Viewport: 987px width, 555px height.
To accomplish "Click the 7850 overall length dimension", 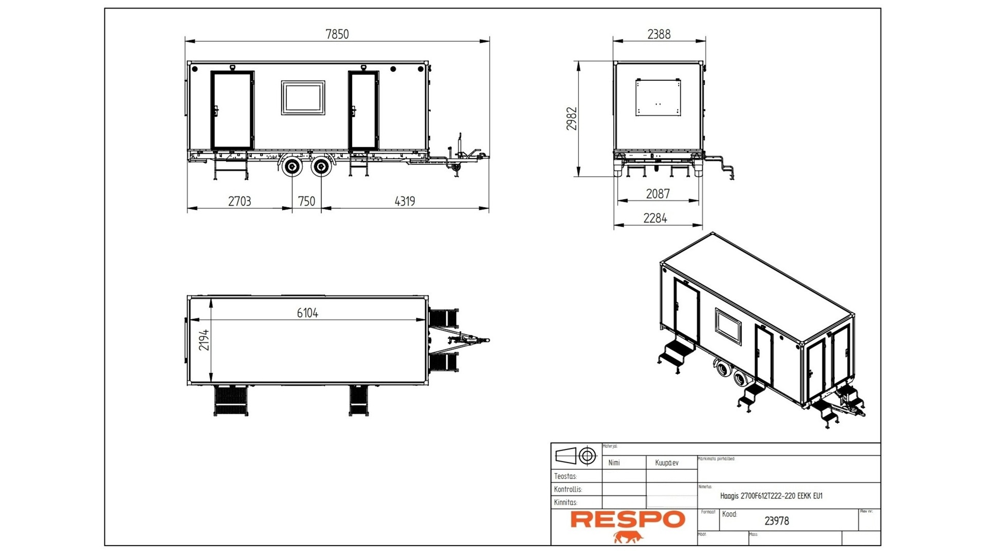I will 337,34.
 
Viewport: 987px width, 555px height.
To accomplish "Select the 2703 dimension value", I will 240,201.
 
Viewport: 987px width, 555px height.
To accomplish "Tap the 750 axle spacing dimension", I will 306,201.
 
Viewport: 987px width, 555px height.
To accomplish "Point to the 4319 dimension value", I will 405,201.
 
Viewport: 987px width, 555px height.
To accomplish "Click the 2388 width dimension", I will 659,34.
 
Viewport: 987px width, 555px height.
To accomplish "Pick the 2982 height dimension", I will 572,119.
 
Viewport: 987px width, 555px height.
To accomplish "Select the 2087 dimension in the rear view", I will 657,194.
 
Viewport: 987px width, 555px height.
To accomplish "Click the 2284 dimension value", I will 655,218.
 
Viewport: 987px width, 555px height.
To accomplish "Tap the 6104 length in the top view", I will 307,312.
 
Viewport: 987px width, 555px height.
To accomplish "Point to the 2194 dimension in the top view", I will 204,340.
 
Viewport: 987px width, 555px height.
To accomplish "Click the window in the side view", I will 303,98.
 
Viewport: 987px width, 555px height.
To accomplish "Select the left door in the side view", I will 232,110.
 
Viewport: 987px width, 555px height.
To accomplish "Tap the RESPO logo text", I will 628,520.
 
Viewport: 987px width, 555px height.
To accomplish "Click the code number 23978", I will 776,521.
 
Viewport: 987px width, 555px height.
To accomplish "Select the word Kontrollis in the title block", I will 568,489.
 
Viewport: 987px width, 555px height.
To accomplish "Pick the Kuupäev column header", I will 667,462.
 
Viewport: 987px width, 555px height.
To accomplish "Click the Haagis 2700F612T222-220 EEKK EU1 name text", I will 771,496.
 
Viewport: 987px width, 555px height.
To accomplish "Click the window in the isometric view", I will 728,326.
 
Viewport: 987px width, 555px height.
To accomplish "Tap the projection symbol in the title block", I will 576,455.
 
